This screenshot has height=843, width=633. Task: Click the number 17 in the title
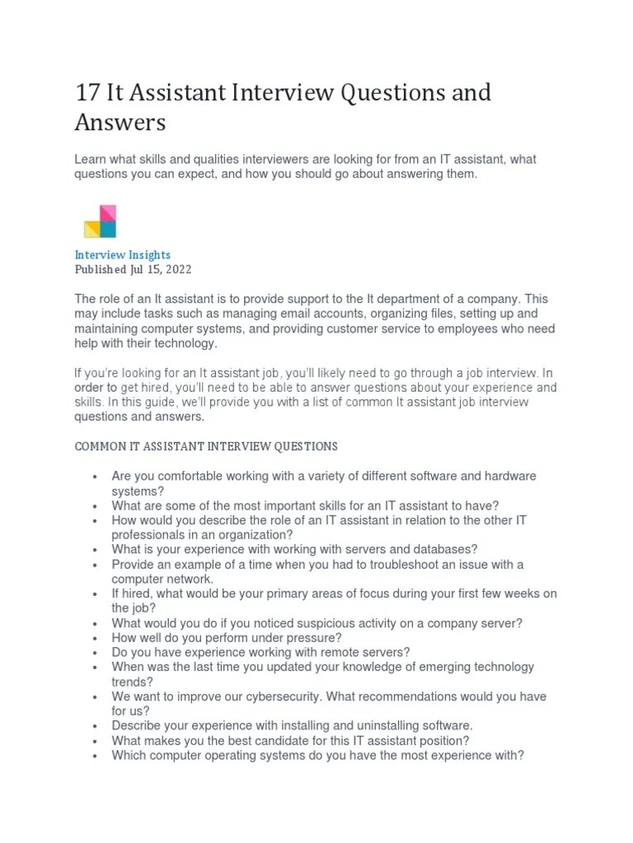[87, 93]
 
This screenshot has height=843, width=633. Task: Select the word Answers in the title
[120, 123]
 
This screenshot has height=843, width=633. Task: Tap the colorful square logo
[100, 221]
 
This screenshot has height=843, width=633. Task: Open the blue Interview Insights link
[123, 255]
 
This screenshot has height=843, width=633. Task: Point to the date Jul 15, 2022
[161, 269]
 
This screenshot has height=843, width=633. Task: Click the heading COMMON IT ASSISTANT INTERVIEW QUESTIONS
[206, 446]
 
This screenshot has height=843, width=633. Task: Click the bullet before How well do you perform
[96, 638]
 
